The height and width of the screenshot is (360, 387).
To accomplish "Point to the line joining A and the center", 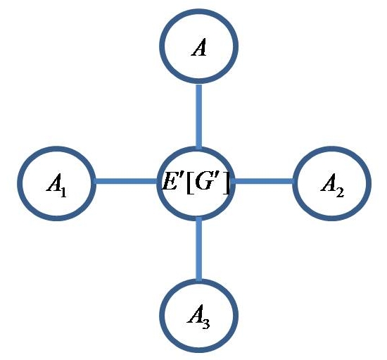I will click(199, 116).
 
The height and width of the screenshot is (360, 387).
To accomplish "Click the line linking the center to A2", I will click(263, 182).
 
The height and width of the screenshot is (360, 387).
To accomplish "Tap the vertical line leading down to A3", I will click(199, 249).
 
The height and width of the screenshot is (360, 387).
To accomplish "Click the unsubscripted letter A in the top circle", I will click(199, 48).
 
